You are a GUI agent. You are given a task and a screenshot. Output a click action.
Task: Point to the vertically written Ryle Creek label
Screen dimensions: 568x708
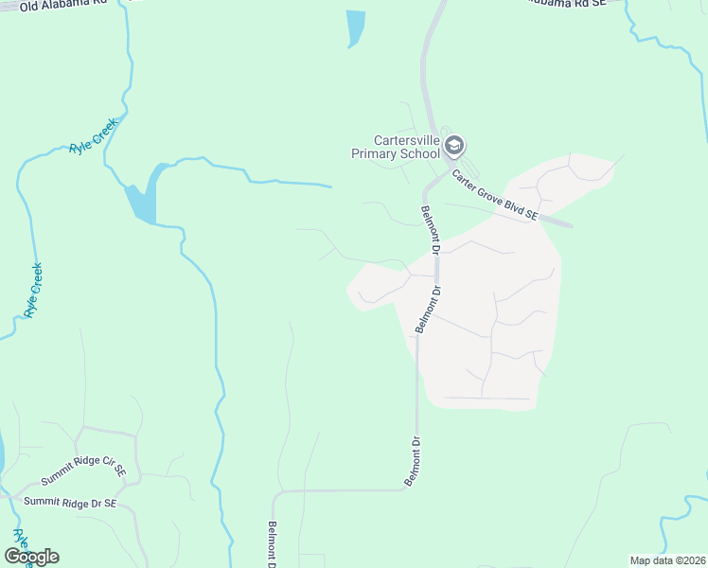pos(34,290)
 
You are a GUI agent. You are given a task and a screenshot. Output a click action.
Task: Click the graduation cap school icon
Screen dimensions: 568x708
pos(454,146)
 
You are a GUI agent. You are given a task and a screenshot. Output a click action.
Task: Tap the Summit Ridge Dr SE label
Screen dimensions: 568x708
pos(70,502)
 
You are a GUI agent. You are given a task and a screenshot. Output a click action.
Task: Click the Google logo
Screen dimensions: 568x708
pos(31,557)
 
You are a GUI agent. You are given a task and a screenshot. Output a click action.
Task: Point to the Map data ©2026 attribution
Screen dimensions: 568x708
pos(667,560)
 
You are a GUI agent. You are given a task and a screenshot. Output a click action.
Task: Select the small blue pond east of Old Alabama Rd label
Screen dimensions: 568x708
pos(355,27)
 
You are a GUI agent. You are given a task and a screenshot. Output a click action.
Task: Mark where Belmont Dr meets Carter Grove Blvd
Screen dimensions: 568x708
pos(437,176)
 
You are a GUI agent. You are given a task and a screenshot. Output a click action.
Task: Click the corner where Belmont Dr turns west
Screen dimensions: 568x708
pos(414,488)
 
